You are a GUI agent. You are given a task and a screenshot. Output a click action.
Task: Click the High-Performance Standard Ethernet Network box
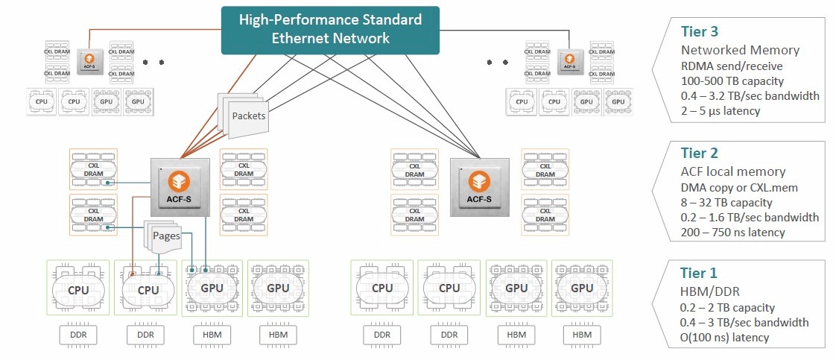click(x=330, y=29)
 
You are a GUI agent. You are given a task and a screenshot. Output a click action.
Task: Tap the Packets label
click(x=248, y=116)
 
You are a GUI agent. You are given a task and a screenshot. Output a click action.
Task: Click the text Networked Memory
click(x=740, y=50)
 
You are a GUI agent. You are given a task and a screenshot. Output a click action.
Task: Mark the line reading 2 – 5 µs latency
click(x=721, y=110)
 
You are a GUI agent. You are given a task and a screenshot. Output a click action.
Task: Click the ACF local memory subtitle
click(x=732, y=172)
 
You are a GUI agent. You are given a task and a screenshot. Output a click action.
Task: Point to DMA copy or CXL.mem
click(x=739, y=187)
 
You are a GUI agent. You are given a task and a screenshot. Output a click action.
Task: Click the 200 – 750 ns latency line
click(x=733, y=233)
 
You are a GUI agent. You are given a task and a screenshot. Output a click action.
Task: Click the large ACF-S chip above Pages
click(x=180, y=186)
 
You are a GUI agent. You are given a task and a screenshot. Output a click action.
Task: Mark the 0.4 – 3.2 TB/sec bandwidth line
click(x=750, y=95)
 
